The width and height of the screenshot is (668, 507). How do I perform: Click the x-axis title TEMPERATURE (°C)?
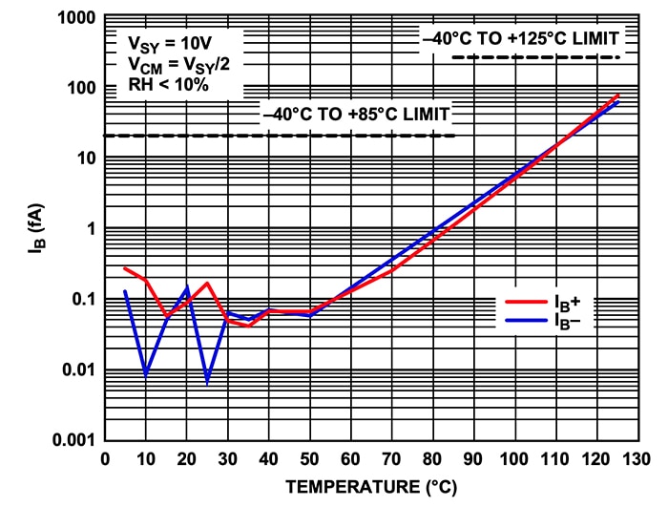pyautogui.click(x=371, y=487)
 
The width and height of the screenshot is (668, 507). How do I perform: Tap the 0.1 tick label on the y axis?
pyautogui.click(x=81, y=300)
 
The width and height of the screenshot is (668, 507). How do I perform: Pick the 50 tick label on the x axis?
pyautogui.click(x=309, y=459)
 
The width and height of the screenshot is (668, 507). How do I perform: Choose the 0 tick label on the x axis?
pyautogui.click(x=105, y=459)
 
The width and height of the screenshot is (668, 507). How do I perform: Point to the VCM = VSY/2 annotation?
pyautogui.click(x=178, y=64)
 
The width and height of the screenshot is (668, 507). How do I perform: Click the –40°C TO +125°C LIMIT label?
pyautogui.click(x=521, y=38)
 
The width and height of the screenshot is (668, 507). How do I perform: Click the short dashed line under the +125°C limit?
pyautogui.click(x=536, y=57)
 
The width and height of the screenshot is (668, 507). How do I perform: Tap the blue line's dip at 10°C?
pyautogui.click(x=145, y=375)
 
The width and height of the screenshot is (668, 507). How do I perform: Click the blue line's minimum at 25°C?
pyautogui.click(x=207, y=382)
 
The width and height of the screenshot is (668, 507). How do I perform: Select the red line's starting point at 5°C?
pyautogui.click(x=125, y=268)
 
